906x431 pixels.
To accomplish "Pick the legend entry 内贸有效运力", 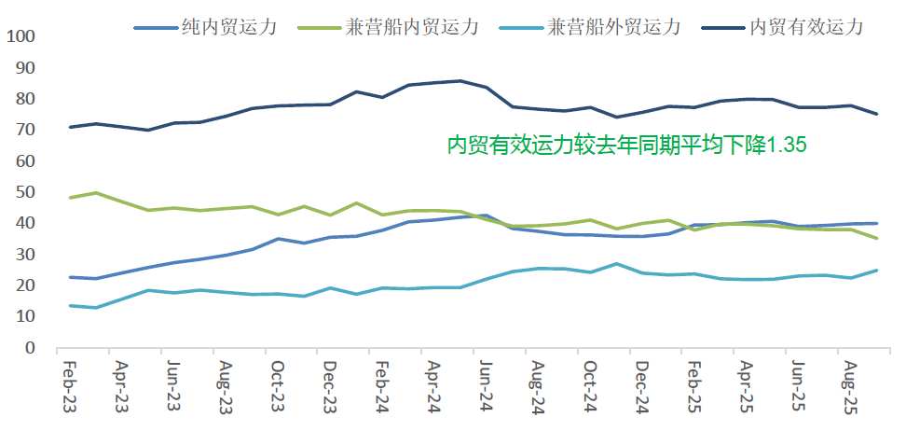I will tap(805, 26).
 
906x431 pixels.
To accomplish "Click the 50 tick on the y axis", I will tap(24, 192).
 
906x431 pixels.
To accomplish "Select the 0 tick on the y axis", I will tap(29, 348).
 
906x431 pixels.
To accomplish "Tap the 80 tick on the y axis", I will tap(24, 99).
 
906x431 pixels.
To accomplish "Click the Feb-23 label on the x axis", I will tap(69, 384).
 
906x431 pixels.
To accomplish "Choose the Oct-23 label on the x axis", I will tap(277, 384).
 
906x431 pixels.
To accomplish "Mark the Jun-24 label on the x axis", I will tap(485, 384).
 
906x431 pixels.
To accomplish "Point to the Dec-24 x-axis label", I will tap(641, 384).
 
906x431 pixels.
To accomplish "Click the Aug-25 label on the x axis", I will tap(849, 384).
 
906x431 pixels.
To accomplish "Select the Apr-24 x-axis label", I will tap(432, 384).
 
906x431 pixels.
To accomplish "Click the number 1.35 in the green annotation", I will tap(786, 145).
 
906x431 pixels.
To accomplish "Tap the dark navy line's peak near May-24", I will tap(460, 81).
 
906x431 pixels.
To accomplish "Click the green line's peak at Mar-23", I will tap(96, 193).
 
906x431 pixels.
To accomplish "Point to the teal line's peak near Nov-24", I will tap(616, 264).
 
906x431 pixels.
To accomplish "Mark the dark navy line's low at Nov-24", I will tap(616, 117).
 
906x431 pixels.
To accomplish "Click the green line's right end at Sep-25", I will tap(876, 239).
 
